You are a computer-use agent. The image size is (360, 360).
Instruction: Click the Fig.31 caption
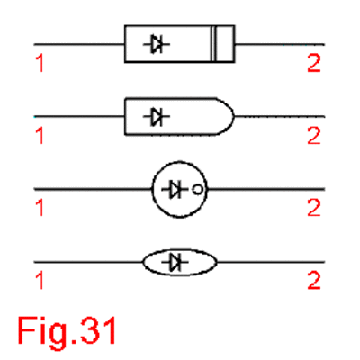67,331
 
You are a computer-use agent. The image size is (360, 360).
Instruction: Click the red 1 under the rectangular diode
40,63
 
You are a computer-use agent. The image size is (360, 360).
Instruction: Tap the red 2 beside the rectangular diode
314,63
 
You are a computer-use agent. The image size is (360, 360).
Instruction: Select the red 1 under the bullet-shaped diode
40,136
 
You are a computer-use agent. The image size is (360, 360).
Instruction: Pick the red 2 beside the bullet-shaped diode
314,136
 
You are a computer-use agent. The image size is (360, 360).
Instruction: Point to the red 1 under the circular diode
40,208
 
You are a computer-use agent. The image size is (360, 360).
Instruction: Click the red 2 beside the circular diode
314,208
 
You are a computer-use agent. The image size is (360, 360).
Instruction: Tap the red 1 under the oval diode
40,281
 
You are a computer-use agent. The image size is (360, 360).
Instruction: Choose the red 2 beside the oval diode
314,281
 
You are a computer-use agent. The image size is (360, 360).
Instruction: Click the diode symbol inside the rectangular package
157,44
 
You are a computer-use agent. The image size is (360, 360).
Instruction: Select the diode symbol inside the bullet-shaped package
157,116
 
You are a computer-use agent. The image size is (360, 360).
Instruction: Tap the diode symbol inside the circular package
175,189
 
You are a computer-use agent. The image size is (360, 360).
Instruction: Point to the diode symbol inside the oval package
175,262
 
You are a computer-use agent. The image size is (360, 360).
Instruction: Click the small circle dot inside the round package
197,190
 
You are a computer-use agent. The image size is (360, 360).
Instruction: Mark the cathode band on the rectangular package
213,44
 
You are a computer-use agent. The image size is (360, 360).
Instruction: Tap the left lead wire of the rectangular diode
79,44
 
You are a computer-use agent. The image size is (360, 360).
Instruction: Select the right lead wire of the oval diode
271,262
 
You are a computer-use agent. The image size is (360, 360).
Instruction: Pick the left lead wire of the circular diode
93,189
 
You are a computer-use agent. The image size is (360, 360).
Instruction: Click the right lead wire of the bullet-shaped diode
280,116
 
